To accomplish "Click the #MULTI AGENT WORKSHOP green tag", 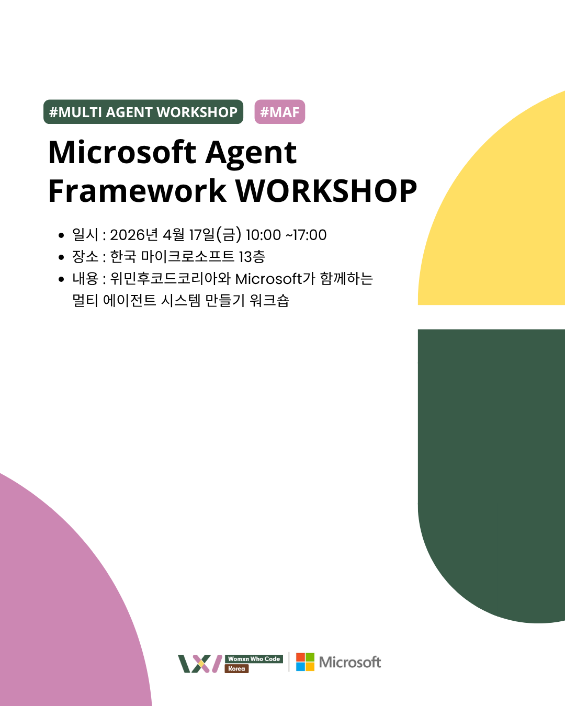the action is click(143, 112).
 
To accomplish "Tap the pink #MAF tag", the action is click(280, 112).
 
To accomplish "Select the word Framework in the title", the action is click(137, 191).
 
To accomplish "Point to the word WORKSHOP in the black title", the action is click(326, 191).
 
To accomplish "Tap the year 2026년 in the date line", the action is click(134, 235).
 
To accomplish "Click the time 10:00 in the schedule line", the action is click(263, 235).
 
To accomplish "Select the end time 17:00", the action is click(310, 235).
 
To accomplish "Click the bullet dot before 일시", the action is click(61, 235).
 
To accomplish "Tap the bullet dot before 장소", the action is click(61, 257).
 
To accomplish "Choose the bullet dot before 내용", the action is click(61, 279).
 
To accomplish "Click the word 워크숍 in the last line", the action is click(269, 301).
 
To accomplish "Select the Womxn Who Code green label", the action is click(254, 659).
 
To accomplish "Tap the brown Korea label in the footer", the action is click(236, 668).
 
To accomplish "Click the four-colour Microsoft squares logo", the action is click(305, 662).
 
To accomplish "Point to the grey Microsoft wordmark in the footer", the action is click(350, 662).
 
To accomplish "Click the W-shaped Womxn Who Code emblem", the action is click(200, 664).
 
